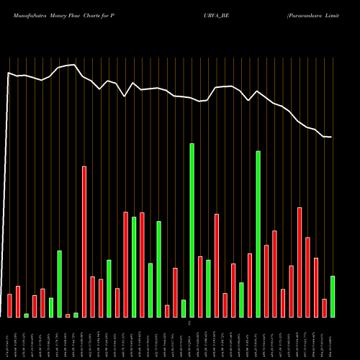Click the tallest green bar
pyautogui.click(x=192, y=230)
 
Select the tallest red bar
pyautogui.click(x=84, y=241)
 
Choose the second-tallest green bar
pyautogui.click(x=258, y=234)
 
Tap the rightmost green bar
pyautogui.click(x=333, y=296)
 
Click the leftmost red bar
pyautogui.click(x=9, y=305)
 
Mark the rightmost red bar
pyautogui.click(x=324, y=307)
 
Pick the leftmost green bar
pyautogui.click(x=26, y=315)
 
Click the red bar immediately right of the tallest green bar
pyautogui.click(x=200, y=287)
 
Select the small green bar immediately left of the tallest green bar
pyautogui.click(x=184, y=308)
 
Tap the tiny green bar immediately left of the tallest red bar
pyautogui.click(x=76, y=315)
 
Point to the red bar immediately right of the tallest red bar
pyautogui.click(x=92, y=297)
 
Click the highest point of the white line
pyautogui.click(x=75, y=65)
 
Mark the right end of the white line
pyautogui.click(x=331, y=137)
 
